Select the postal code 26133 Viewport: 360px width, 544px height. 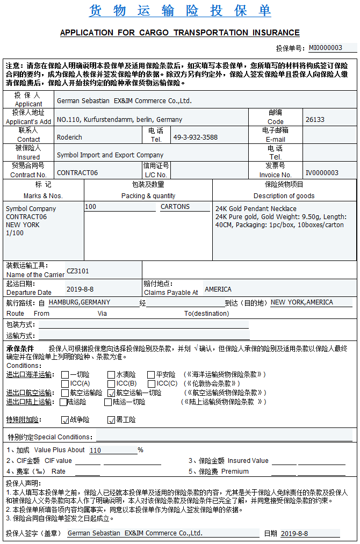315,119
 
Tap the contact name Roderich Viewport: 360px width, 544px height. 69,137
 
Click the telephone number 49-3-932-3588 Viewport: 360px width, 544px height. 195,137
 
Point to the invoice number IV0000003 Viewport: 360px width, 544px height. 322,172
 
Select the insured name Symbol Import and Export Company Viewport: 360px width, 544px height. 110,155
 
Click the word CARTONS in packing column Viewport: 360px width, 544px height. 175,207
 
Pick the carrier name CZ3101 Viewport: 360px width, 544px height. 77,271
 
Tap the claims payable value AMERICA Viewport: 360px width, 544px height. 218,289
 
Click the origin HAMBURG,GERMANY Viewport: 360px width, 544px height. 80,302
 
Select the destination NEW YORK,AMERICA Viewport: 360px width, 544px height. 302,302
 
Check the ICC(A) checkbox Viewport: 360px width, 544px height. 65,384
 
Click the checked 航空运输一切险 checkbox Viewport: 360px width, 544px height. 112,393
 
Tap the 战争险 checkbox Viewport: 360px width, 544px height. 65,420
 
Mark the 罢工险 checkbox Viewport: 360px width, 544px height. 112,420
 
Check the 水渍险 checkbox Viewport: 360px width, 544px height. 112,375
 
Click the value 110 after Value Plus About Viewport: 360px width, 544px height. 96,451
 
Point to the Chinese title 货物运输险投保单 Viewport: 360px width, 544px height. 179,11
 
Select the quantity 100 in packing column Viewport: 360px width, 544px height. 91,207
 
